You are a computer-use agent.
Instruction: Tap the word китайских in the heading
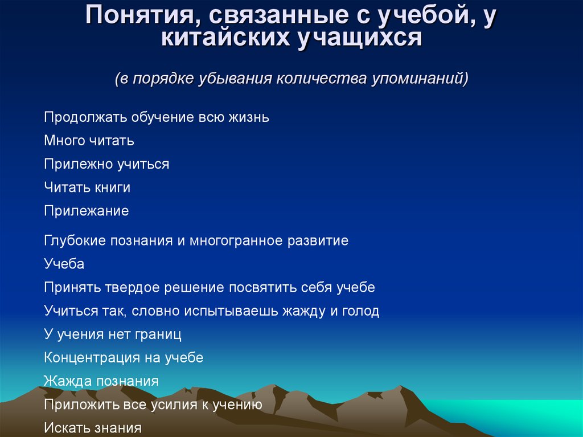(225, 38)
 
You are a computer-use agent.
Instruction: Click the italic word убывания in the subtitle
(234, 79)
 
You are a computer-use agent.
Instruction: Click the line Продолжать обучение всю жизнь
(157, 117)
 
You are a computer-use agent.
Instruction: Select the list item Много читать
(89, 140)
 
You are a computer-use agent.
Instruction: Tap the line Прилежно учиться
(106, 164)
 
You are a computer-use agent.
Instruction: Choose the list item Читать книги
(87, 187)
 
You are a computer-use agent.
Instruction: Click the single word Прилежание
(87, 211)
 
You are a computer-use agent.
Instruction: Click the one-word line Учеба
(64, 264)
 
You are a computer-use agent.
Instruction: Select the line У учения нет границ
(113, 334)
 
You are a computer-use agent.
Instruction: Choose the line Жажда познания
(101, 381)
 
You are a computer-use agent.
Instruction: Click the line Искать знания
(93, 428)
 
